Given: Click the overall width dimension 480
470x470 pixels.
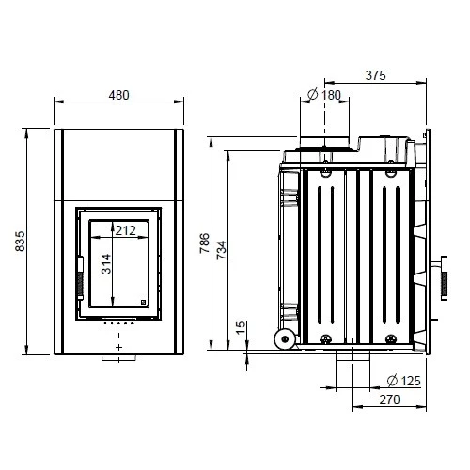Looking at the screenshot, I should click(x=117, y=94).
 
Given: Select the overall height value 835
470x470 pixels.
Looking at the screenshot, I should click(x=22, y=242).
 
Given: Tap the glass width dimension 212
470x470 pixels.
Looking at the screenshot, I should click(x=124, y=228).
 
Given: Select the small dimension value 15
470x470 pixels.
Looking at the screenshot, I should click(x=242, y=327).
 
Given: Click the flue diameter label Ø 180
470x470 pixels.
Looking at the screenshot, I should click(x=324, y=94).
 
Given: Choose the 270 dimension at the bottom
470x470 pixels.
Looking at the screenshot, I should click(x=390, y=399).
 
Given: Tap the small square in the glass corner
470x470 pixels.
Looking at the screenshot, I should click(x=142, y=302).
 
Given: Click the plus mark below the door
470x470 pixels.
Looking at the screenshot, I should click(x=118, y=347).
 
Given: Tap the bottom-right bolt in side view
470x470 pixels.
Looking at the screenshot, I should click(x=389, y=339).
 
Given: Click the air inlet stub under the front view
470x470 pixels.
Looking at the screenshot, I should click(x=118, y=358).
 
